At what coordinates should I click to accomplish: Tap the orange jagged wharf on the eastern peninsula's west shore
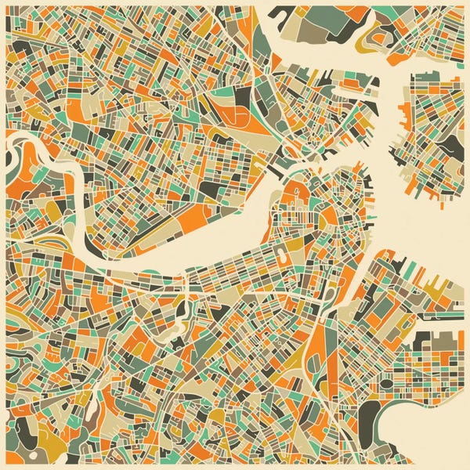coord(404,117)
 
